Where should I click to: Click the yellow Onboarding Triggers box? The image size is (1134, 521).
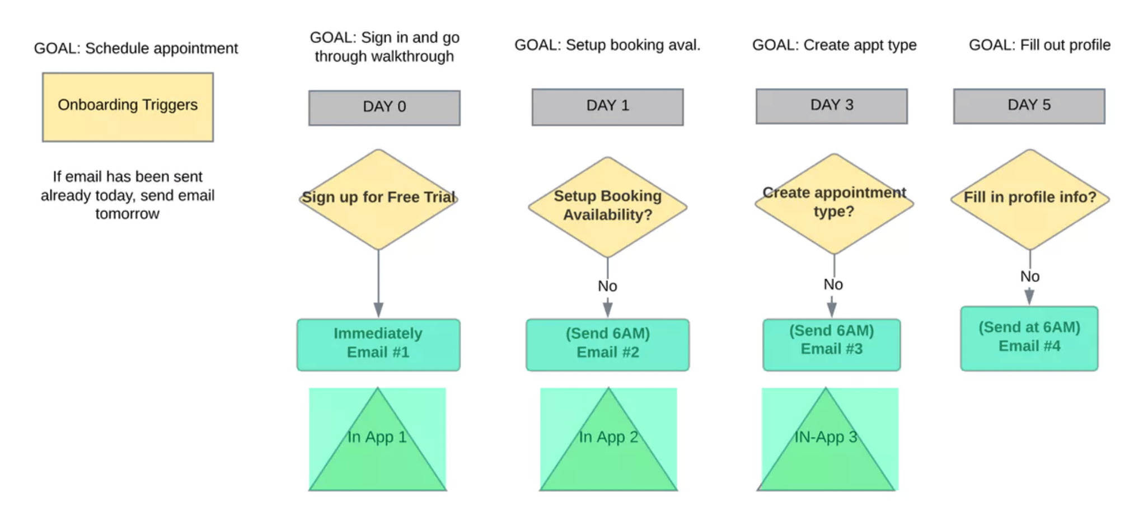pos(128,106)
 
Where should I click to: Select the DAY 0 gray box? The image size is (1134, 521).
pos(384,107)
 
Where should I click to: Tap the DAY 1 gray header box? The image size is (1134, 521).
pos(607,106)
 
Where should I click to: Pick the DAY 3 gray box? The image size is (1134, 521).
pos(831,106)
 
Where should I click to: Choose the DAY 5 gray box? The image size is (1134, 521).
pos(1029,106)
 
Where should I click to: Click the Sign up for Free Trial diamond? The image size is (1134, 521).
pos(378,199)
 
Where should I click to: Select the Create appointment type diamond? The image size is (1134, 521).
pos(833,203)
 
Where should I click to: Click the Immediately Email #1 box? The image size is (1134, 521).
pos(378,344)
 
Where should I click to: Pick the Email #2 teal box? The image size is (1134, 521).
pos(607,344)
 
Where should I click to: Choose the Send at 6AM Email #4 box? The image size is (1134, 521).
pos(1029,337)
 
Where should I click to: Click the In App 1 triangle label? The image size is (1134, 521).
pos(377,437)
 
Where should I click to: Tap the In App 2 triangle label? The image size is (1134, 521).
pos(608,437)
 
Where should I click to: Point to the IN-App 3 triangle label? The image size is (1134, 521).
pos(826,437)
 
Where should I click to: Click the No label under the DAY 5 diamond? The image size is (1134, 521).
pos(1029,276)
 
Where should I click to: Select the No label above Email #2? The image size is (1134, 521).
pos(607,287)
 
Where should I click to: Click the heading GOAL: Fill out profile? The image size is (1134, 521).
pos(1039,45)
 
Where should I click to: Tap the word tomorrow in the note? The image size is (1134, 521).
pos(127,214)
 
